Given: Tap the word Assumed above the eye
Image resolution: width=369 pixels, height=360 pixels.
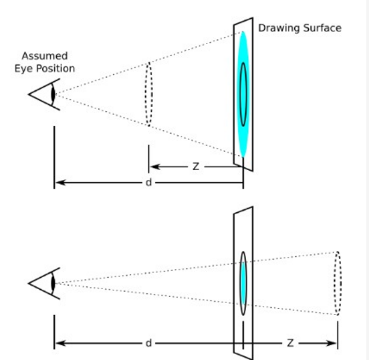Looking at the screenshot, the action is (x=45, y=56).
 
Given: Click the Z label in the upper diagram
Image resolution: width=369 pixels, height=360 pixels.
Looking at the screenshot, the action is (x=196, y=167).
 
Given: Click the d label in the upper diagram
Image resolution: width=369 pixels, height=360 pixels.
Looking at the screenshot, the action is (x=148, y=182).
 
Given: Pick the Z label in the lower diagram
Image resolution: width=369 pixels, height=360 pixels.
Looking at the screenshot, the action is (x=290, y=343).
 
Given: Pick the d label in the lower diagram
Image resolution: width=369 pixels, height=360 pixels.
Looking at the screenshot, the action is (x=148, y=343).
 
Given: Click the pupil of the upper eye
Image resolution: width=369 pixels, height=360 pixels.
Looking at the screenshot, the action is (x=53, y=94).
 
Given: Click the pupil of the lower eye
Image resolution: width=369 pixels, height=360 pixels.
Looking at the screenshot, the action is (x=53, y=283).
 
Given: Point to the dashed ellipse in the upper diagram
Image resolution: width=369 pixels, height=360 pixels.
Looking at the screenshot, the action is (x=145, y=94).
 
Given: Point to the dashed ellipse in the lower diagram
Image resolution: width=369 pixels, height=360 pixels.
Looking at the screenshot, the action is (x=341, y=283).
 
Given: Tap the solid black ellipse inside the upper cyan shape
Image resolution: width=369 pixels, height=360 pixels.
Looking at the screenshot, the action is (x=240, y=94).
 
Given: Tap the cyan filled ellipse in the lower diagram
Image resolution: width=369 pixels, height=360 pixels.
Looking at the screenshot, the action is (x=243, y=283).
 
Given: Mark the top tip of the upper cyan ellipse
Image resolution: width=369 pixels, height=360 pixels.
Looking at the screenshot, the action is (x=243, y=31).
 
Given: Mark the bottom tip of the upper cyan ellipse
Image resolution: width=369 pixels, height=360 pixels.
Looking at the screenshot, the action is (x=243, y=157).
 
